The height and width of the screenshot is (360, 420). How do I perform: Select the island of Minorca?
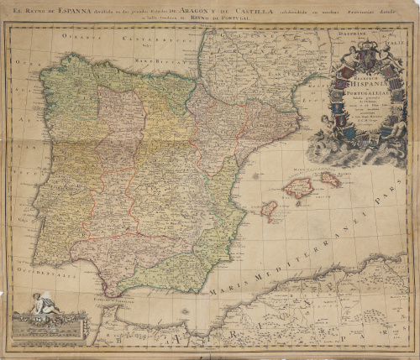330,179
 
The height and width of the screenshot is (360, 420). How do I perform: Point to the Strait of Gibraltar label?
118,299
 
